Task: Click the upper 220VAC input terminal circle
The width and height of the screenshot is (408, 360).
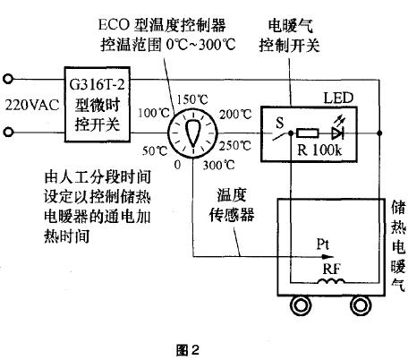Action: pos(8,80)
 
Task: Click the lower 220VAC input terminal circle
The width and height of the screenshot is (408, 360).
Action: pos(8,132)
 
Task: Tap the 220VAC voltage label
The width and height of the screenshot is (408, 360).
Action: pos(32,105)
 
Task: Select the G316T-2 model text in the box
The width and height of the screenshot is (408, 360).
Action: pos(97,84)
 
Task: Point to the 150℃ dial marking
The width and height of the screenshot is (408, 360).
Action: pos(192,99)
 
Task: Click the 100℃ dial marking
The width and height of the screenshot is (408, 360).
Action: pos(154,113)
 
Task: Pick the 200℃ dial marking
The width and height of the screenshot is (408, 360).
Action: pos(235,115)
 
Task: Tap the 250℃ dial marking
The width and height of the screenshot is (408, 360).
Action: pos(235,145)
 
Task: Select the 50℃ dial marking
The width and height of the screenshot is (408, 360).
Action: pos(155,150)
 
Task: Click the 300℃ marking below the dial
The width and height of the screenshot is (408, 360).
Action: pos(218,165)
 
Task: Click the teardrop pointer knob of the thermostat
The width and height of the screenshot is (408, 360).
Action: pos(193,133)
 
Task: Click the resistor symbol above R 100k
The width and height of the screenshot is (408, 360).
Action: pos(307,133)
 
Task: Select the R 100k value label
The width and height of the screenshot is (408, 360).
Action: pos(319,150)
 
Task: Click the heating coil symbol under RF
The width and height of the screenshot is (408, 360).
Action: pos(331,281)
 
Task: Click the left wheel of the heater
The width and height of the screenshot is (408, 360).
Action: pos(301,305)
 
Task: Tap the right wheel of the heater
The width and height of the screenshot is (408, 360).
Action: pos(361,305)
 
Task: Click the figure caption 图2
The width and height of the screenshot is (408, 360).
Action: pos(188,350)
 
